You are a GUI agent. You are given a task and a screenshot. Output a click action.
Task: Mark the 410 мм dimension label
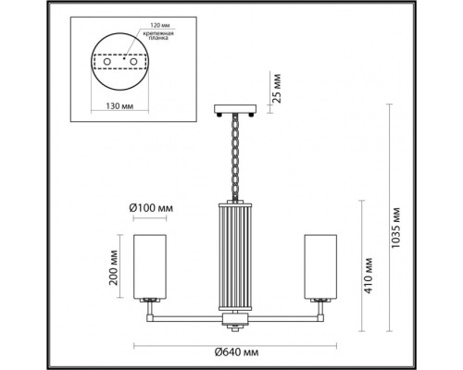coord(369,277)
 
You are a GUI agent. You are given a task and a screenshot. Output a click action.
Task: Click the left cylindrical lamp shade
coord(149,267)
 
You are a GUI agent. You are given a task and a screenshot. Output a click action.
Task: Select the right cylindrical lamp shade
coord(315,267)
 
